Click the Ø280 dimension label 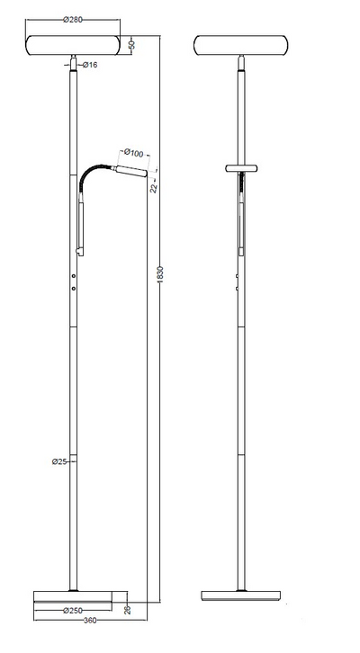pos(73,20)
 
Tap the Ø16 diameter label pos(90,65)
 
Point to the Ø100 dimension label pos(133,153)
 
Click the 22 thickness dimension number pos(154,188)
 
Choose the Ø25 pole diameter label pos(59,461)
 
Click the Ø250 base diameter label pos(72,611)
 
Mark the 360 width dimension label pos(90,621)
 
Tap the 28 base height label pos(128,610)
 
